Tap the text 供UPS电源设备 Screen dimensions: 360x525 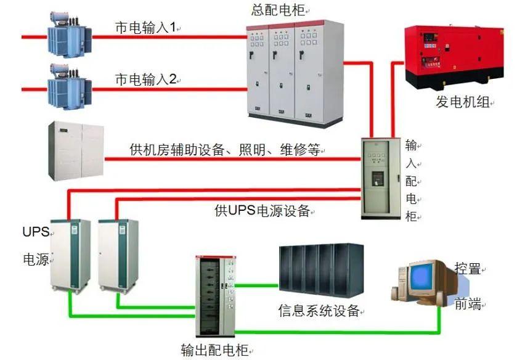click(x=262, y=210)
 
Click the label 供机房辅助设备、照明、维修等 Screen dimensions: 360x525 click(x=225, y=150)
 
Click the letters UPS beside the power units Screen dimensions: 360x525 click(x=35, y=232)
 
